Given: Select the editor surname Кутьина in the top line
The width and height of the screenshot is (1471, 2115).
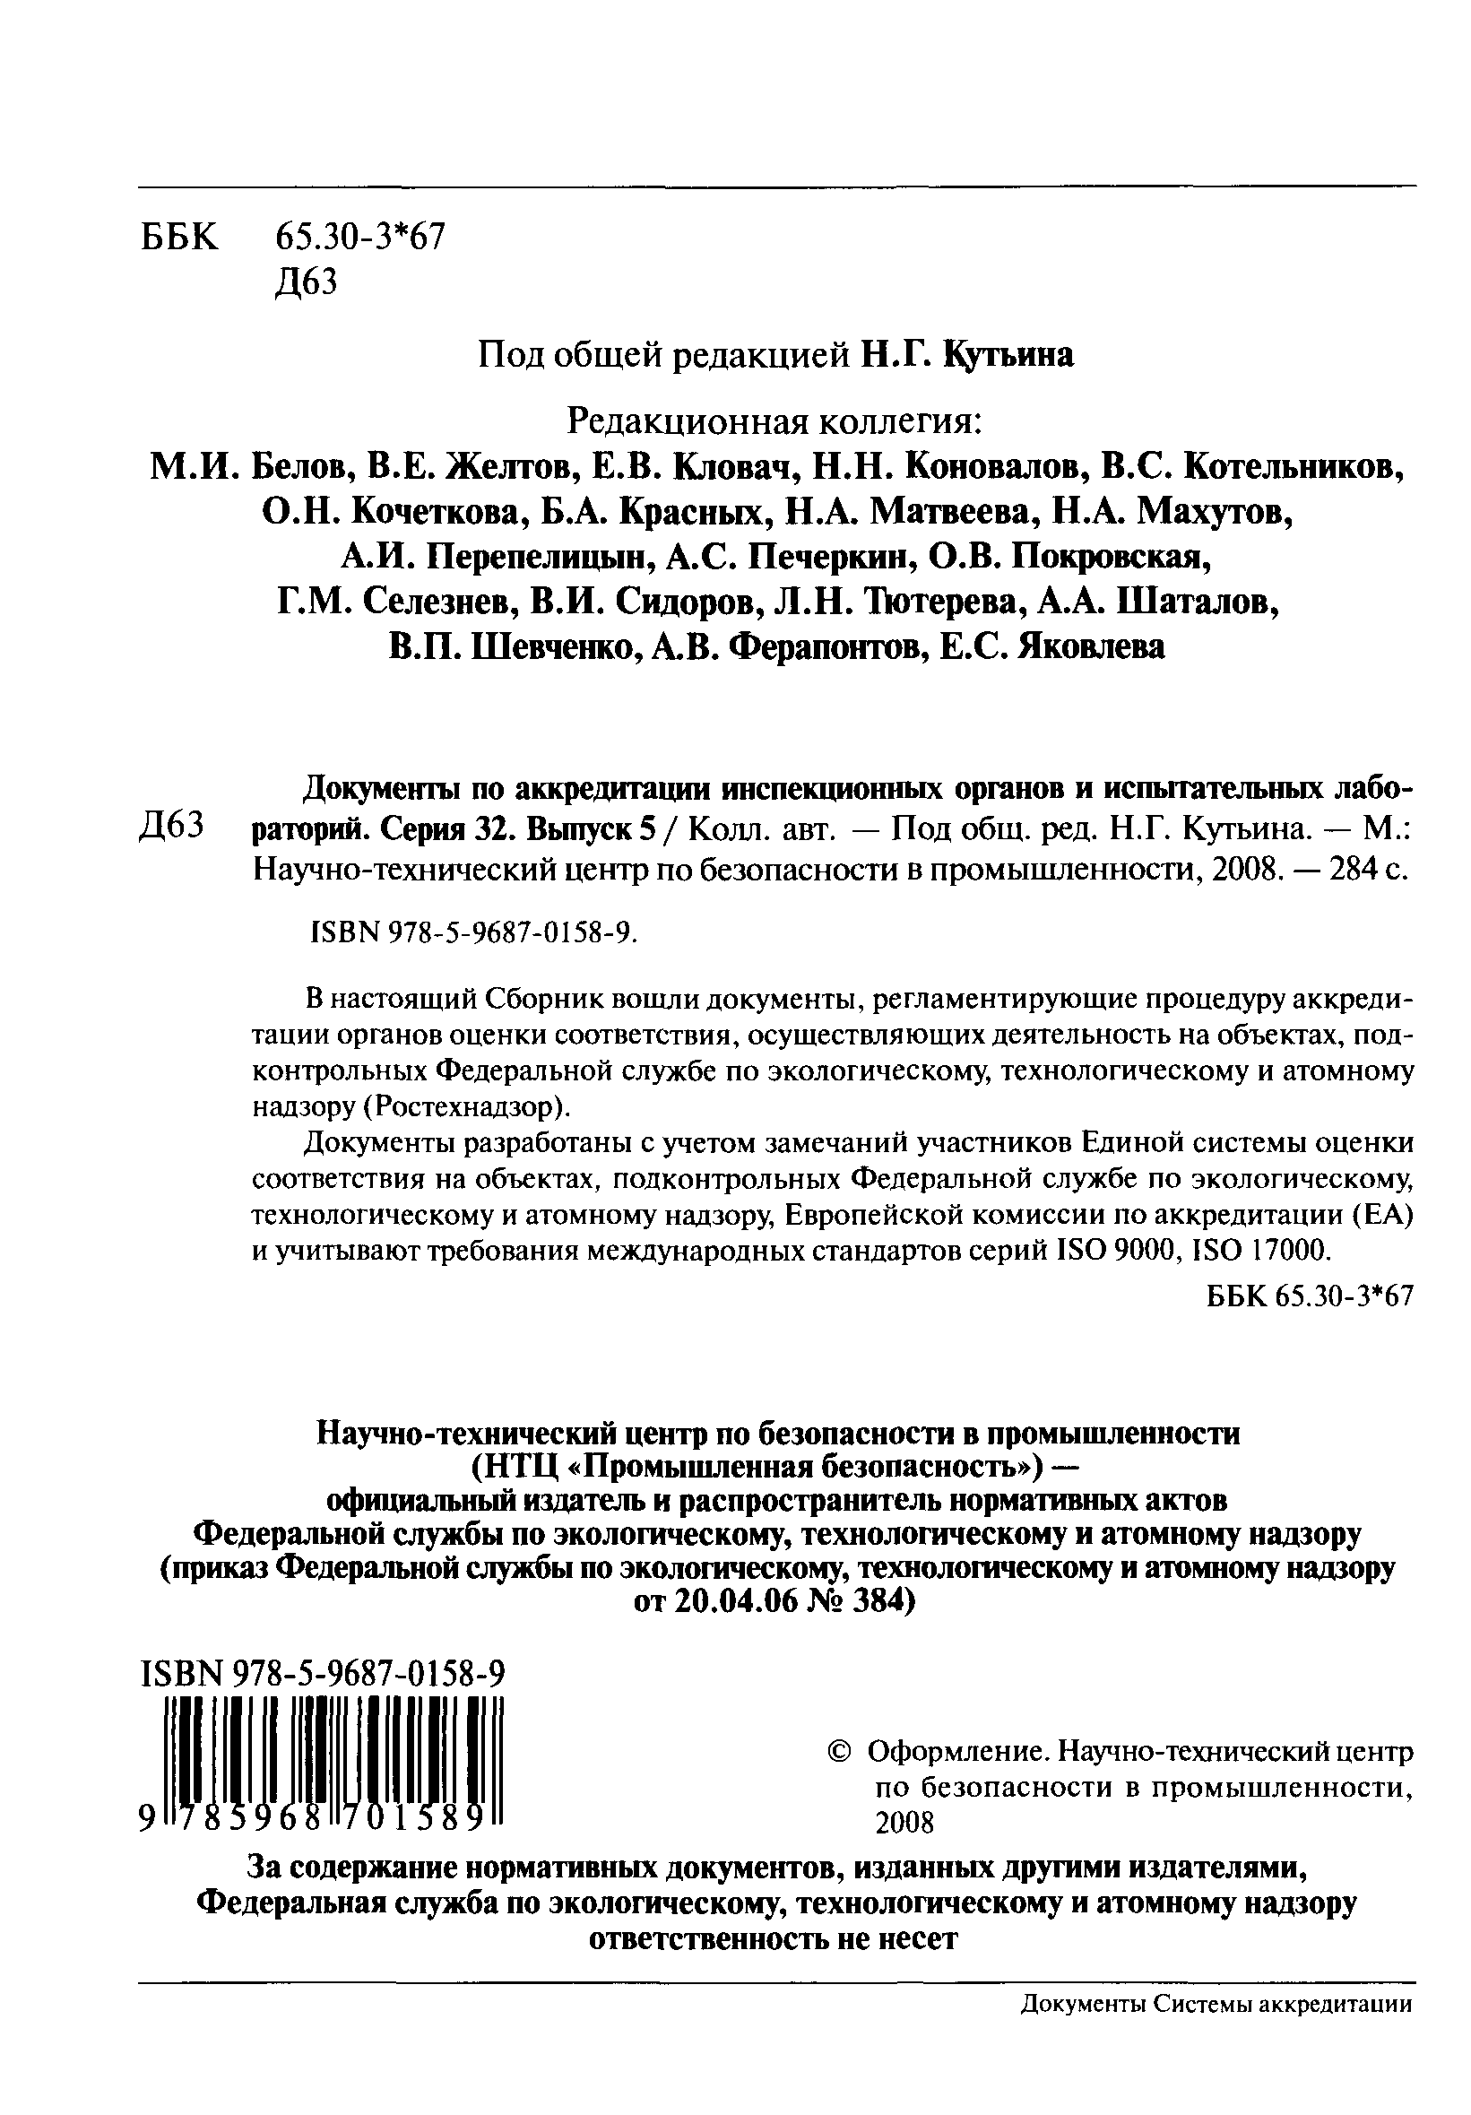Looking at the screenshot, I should (1008, 355).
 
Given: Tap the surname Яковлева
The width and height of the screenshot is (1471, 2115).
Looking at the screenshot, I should (1091, 646).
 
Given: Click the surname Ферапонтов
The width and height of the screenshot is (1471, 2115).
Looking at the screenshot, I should (818, 646).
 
